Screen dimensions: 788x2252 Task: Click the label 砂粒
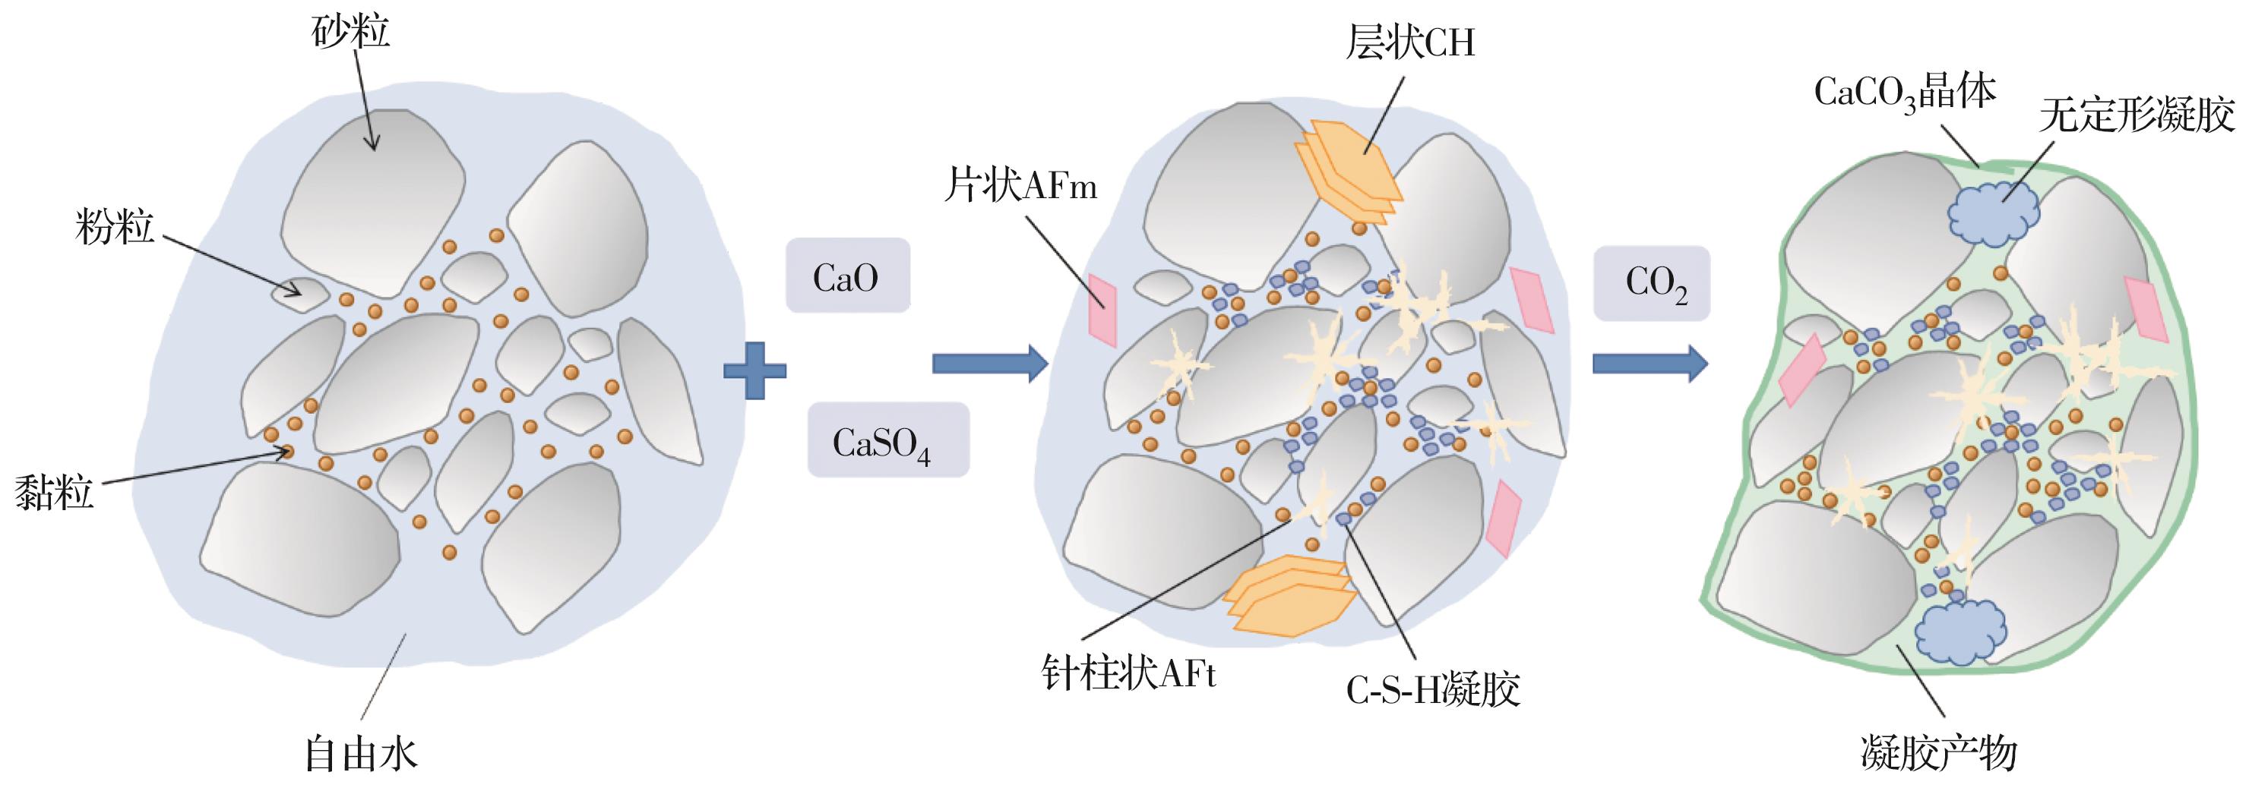tap(350, 33)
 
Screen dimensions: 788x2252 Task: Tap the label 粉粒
tap(115, 227)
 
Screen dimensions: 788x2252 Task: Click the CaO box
tap(847, 276)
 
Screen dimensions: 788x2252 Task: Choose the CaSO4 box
tap(887, 440)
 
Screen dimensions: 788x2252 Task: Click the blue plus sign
tap(754, 370)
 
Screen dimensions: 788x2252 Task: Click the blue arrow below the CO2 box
tap(1649, 363)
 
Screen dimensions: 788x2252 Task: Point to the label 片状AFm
tap(1020, 186)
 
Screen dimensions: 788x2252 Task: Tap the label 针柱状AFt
tap(1128, 673)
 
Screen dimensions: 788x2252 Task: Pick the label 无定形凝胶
tap(2137, 115)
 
